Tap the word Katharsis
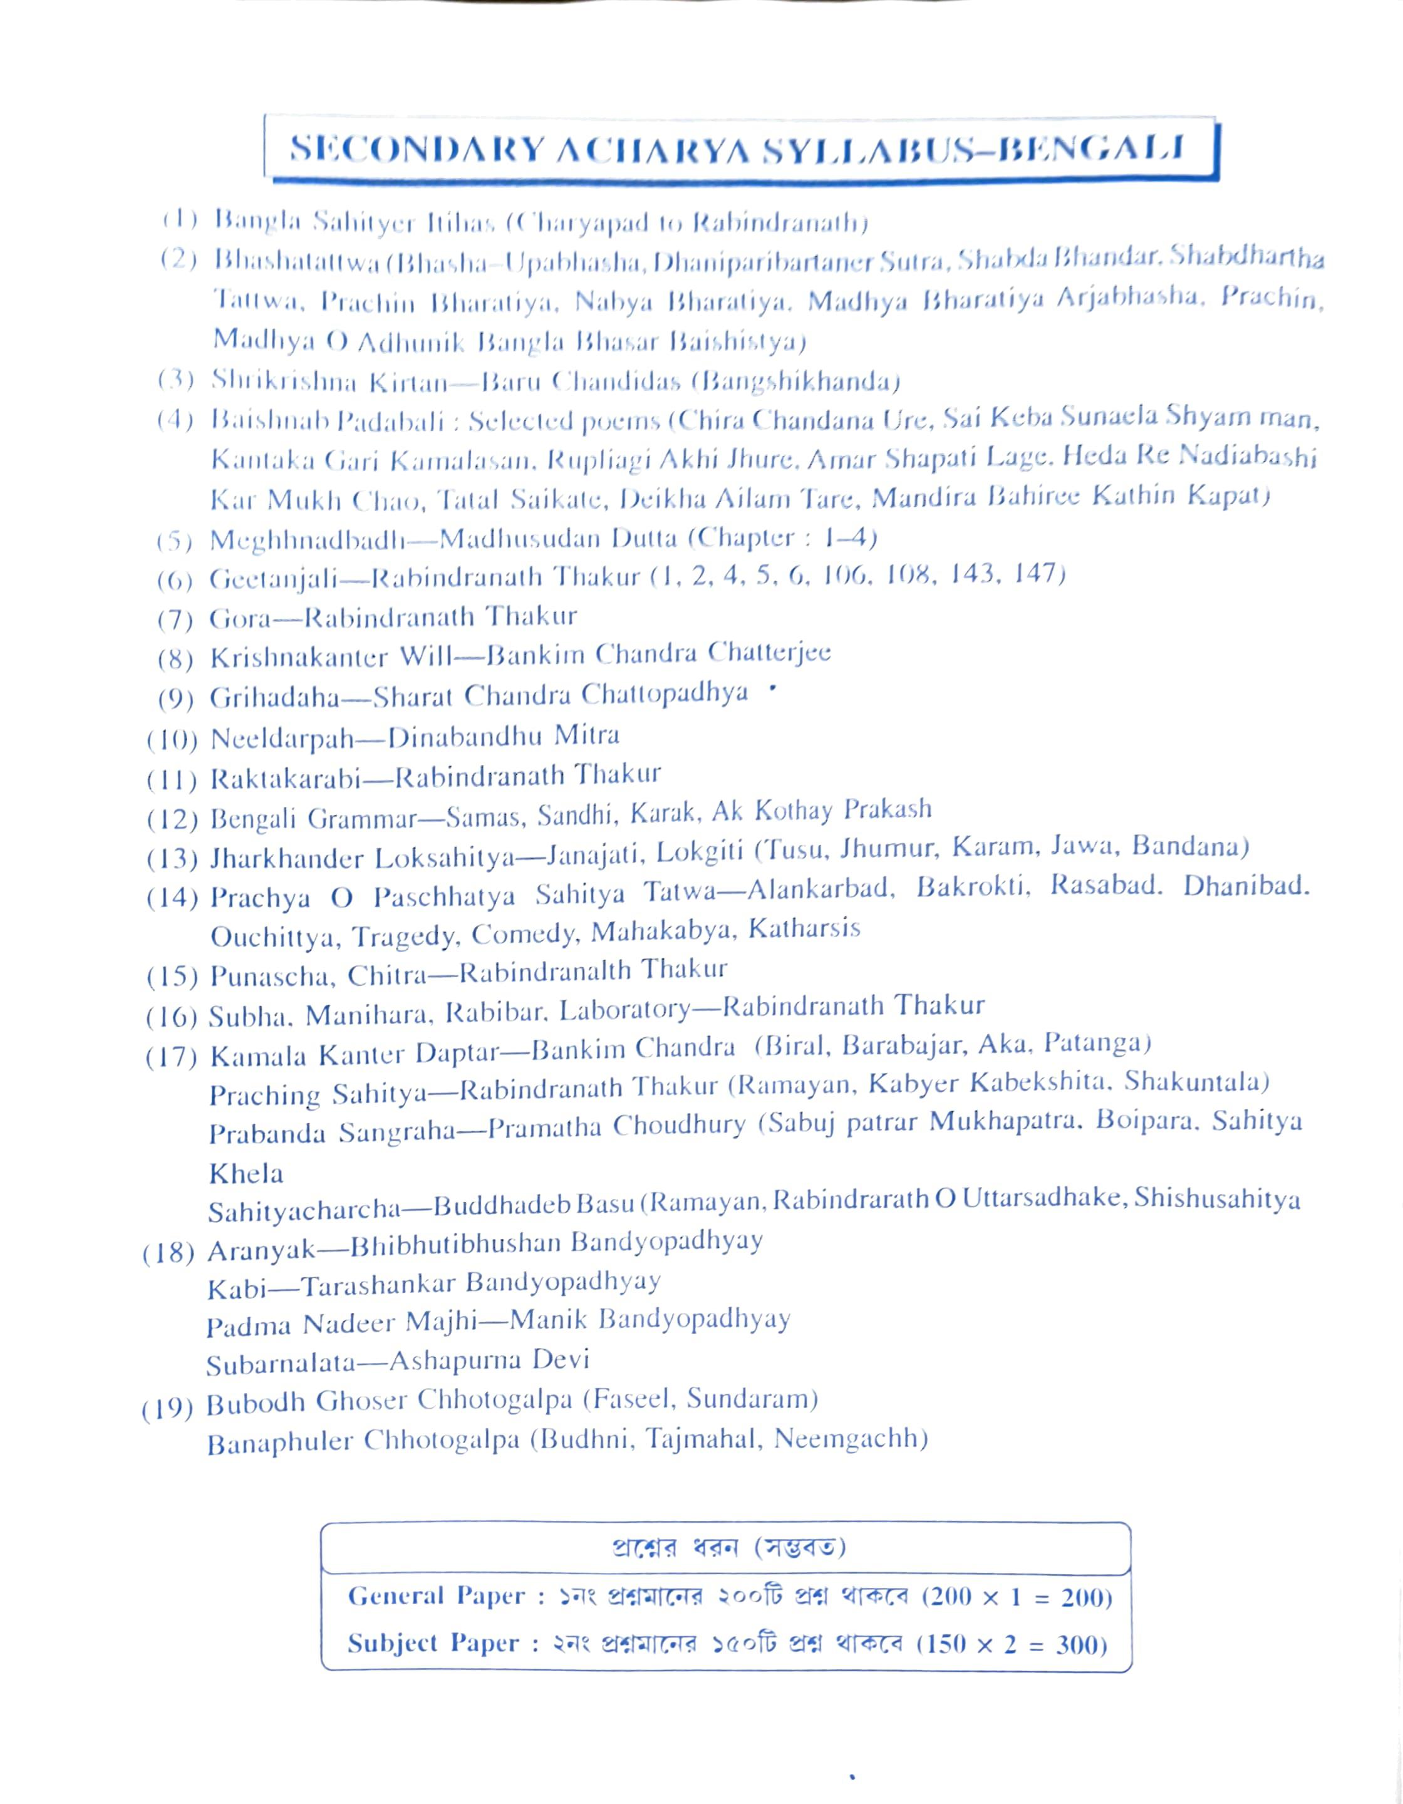[x=804, y=930]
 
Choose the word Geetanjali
[x=272, y=579]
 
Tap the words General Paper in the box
[x=436, y=1596]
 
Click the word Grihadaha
[x=274, y=698]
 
